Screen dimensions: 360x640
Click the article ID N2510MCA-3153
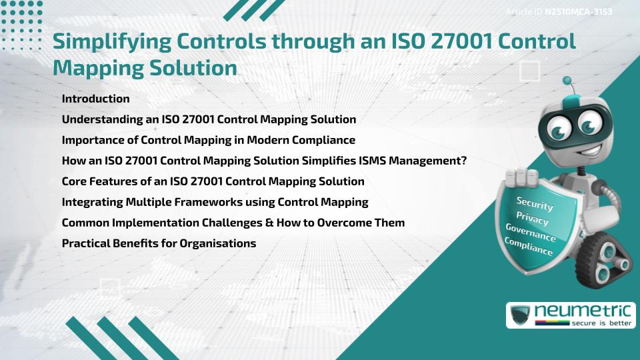579,12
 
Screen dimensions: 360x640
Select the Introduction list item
95,99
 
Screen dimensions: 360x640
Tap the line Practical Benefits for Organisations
159,243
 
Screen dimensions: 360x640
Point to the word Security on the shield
535,204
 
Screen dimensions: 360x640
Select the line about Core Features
213,181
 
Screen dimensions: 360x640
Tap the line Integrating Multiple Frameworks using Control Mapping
215,202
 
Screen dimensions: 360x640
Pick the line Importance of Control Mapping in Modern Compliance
208,140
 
